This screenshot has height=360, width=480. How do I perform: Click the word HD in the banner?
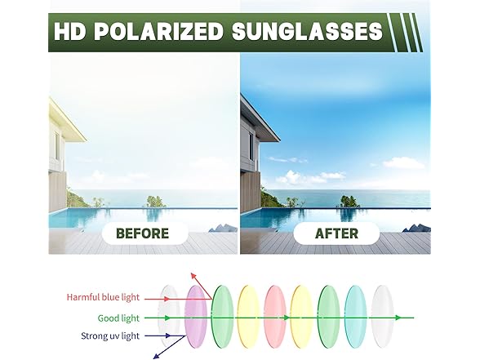69,33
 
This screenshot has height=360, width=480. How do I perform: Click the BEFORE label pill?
143,233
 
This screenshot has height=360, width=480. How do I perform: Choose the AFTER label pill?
336,233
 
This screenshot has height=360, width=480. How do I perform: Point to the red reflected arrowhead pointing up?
193,276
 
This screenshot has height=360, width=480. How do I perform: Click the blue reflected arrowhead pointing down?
156,353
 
